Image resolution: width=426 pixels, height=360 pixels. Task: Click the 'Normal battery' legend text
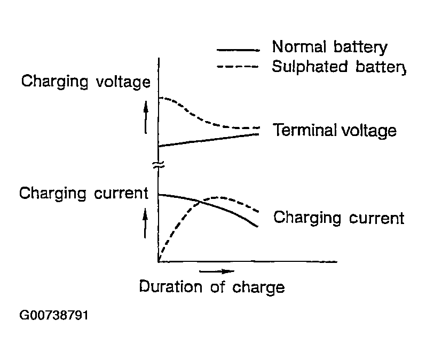329,47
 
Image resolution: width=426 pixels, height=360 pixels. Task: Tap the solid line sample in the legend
238,50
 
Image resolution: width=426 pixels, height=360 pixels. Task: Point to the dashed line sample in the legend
238,67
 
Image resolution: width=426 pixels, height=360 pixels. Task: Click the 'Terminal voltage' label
335,130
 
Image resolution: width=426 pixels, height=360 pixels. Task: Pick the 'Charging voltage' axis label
85,82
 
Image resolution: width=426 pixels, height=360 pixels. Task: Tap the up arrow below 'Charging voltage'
145,118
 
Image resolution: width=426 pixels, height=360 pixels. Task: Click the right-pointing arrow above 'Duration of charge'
216,271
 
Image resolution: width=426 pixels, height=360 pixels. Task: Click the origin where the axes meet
159,262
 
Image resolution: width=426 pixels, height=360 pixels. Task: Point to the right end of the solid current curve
258,227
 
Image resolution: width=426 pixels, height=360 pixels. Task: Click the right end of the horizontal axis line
336,262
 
